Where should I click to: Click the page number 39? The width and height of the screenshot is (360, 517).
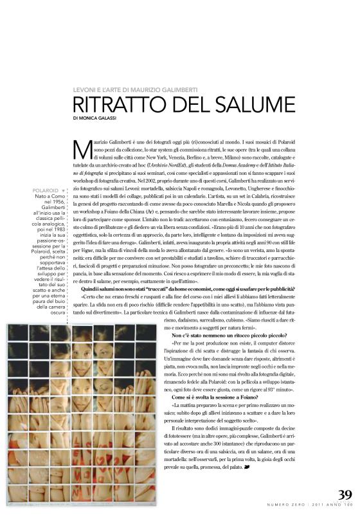(344, 495)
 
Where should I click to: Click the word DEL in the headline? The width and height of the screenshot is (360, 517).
(192, 105)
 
